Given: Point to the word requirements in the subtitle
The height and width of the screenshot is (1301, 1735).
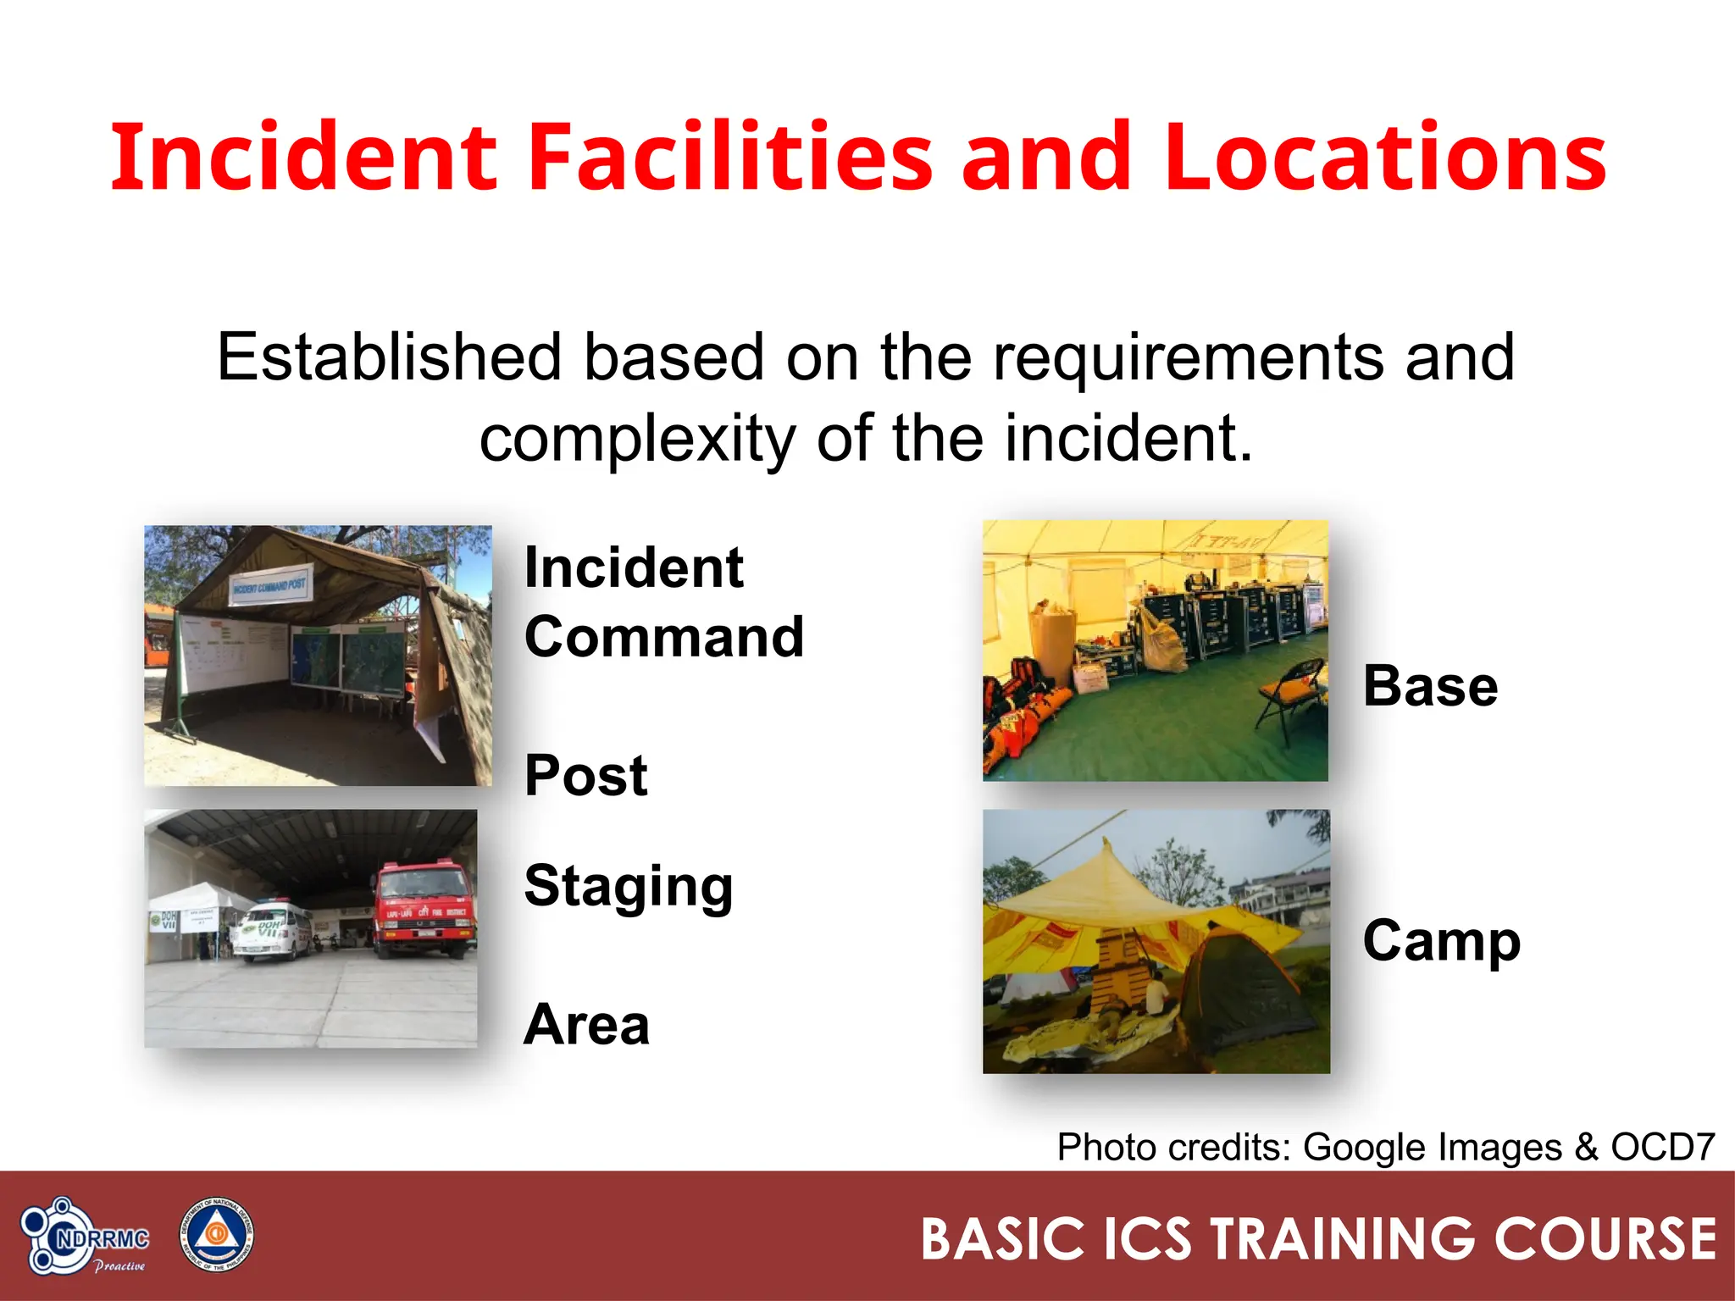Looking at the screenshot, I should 1188,357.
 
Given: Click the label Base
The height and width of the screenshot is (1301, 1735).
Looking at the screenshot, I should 1430,686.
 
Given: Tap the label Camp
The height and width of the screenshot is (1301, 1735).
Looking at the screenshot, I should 1442,940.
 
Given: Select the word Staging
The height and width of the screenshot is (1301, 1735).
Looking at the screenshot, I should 629,886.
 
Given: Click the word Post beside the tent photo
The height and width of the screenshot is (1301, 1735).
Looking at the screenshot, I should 586,775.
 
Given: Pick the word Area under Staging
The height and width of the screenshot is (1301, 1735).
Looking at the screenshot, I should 586,1024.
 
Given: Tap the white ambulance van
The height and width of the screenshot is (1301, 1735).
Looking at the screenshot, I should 273,929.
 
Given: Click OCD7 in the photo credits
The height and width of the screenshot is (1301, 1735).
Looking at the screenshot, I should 1662,1148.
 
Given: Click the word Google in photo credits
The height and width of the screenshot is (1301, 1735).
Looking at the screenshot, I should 1364,1148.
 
